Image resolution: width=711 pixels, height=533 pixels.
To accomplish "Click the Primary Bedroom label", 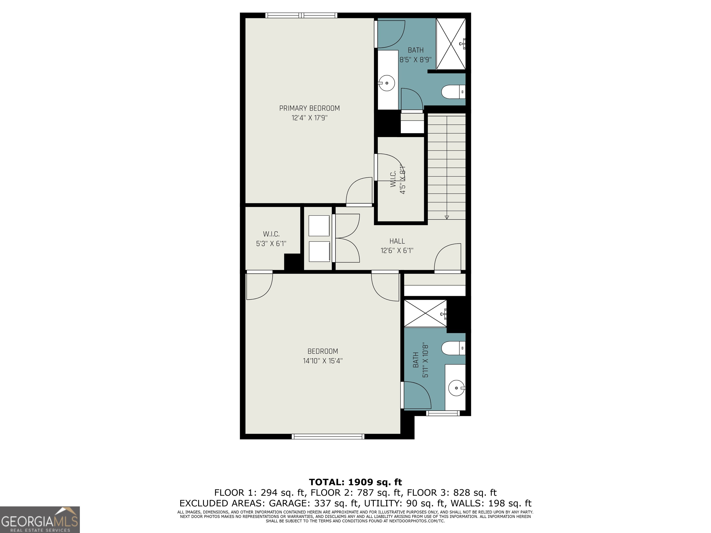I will (309, 108).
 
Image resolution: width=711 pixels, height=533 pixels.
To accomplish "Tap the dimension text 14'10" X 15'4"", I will (323, 361).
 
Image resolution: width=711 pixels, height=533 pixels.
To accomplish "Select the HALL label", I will (397, 241).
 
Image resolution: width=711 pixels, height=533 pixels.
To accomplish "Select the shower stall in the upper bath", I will (451, 44).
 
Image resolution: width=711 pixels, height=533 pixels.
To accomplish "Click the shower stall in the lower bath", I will (425, 313).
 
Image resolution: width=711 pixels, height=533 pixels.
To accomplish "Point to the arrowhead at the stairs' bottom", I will (447, 217).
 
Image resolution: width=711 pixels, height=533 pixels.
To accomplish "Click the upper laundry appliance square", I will (319, 226).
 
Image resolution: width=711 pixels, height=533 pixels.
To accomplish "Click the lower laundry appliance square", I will (319, 251).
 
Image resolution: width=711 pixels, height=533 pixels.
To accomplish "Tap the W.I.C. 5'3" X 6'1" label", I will (271, 239).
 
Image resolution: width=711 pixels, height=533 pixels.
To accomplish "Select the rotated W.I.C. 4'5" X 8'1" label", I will (398, 180).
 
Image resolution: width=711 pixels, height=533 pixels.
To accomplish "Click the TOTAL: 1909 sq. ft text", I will (355, 482).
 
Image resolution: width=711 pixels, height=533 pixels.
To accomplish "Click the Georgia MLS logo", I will (40, 520).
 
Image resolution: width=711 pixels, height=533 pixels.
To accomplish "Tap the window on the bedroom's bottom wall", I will (328, 436).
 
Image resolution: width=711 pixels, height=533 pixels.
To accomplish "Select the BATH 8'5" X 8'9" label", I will (415, 55).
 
